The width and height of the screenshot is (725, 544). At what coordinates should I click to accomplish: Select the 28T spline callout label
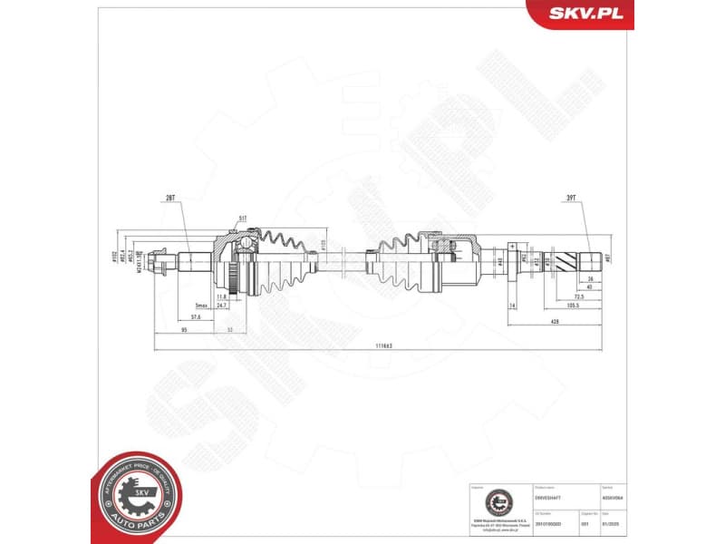[x=170, y=197]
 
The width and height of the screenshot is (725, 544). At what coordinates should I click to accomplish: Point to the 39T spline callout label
[x=571, y=197]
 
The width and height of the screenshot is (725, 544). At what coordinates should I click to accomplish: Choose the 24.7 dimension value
[x=222, y=307]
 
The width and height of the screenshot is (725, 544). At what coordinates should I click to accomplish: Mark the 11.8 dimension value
[x=222, y=296]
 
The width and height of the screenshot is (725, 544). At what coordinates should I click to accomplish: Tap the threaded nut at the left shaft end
[x=164, y=262]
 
